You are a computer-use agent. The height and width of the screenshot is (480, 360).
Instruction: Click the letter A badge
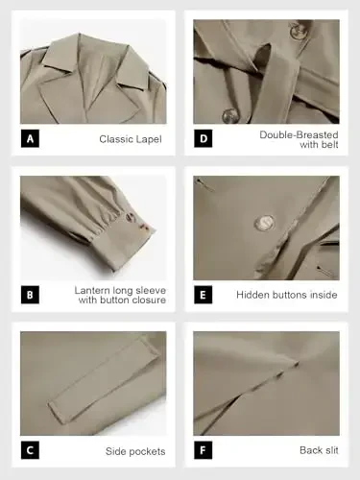pyautogui.click(x=31, y=139)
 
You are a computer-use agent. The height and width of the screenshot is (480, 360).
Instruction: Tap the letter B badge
pyautogui.click(x=31, y=294)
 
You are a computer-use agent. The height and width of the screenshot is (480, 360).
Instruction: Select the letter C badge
pyautogui.click(x=31, y=450)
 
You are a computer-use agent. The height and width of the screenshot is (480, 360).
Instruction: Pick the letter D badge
pyautogui.click(x=204, y=139)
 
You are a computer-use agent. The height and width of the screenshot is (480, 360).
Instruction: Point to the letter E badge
pyautogui.click(x=204, y=294)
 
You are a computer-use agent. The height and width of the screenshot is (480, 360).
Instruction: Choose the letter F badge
pyautogui.click(x=204, y=450)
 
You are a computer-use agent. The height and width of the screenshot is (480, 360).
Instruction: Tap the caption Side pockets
pyautogui.click(x=135, y=450)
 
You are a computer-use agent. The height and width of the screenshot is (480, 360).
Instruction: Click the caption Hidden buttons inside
pyautogui.click(x=286, y=295)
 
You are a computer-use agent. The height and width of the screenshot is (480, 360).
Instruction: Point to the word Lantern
pyautogui.click(x=94, y=289)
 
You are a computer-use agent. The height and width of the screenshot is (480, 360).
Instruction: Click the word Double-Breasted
pyautogui.click(x=299, y=134)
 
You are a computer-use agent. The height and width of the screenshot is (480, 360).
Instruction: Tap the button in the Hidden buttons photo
pyautogui.click(x=261, y=224)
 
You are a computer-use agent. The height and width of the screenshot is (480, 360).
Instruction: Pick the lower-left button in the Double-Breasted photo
pyautogui.click(x=230, y=116)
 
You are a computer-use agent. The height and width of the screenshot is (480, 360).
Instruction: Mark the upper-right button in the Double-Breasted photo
pyautogui.click(x=298, y=31)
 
